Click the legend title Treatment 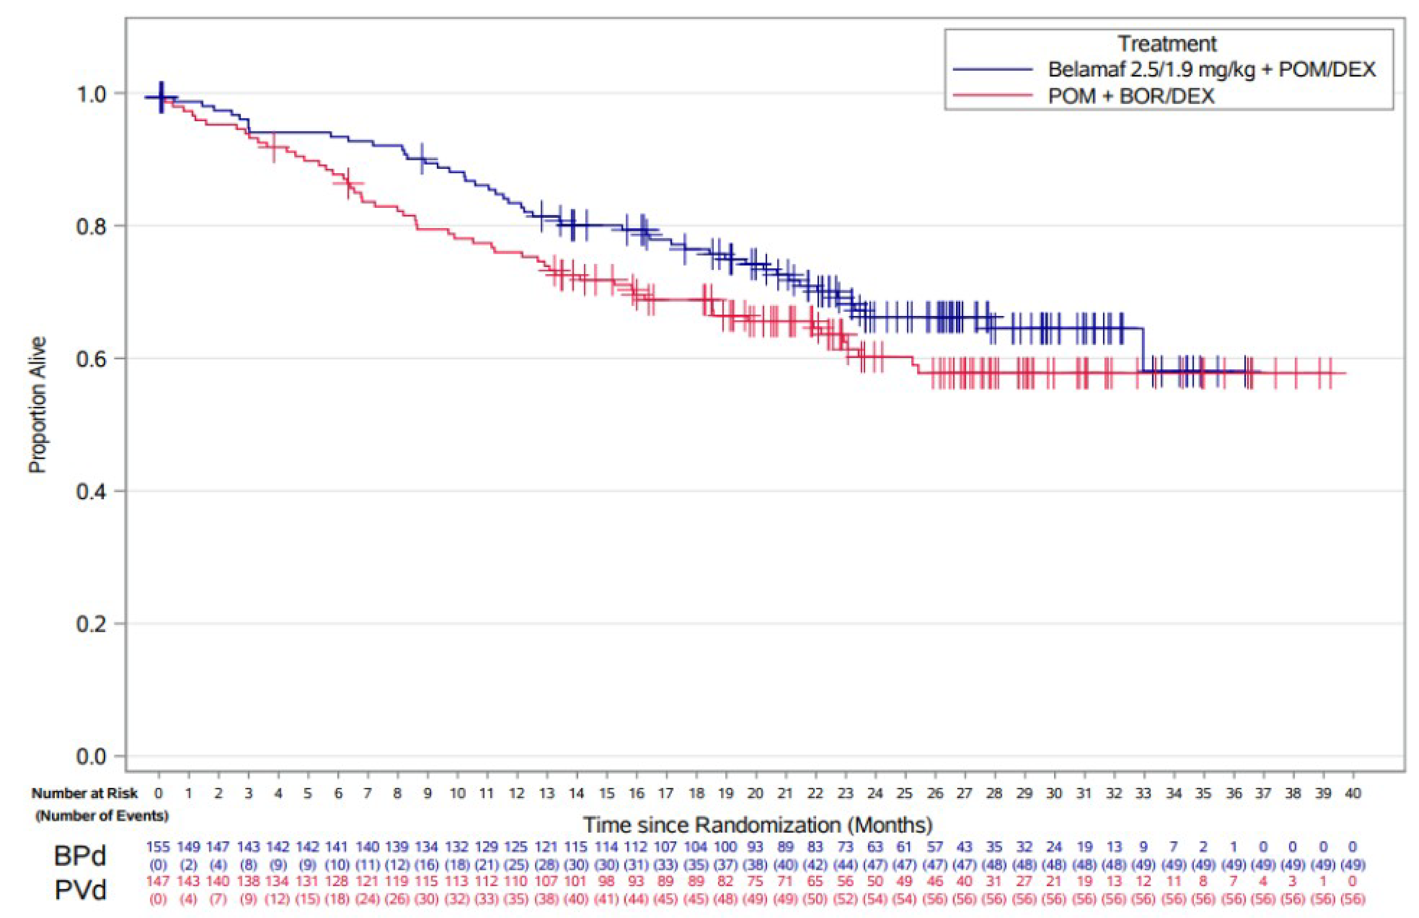1167,43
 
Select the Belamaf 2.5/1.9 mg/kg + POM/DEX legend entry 1212,70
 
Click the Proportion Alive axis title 38,405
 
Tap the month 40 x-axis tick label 1352,794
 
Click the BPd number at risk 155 158,847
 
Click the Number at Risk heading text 85,794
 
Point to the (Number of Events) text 102,815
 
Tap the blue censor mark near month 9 422,158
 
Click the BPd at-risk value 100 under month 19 726,847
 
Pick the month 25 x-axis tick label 905,794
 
